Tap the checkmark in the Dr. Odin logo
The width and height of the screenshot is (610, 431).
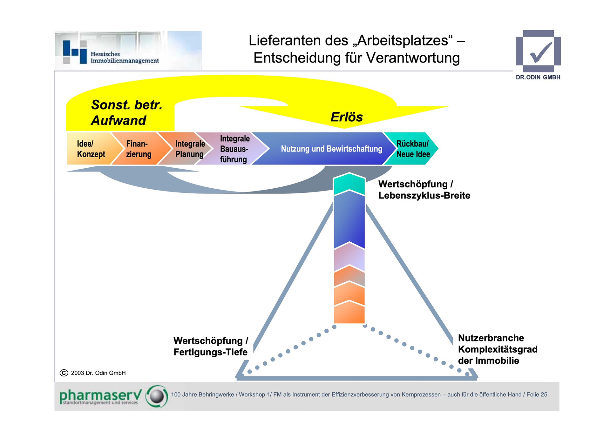pos(540,52)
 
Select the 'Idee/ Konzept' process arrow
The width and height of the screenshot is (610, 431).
pos(91,149)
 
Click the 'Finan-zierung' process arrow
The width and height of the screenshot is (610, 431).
pos(139,149)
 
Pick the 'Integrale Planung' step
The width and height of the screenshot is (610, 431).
pos(190,149)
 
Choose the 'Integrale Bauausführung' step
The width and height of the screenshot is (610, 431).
pos(234,149)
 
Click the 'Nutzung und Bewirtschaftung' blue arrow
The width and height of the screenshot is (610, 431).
pos(331,149)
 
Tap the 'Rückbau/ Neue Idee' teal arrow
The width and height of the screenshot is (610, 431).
pos(413,149)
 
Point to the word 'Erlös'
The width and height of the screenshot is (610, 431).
pos(346,117)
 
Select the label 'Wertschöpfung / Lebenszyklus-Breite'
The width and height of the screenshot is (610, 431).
pos(424,190)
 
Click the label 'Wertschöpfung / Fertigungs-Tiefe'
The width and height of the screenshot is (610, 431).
pos(210,346)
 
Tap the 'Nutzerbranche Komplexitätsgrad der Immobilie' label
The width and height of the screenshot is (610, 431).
pos(497,349)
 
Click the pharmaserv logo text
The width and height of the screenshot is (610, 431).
pos(100,396)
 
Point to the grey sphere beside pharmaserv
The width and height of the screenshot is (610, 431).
pos(157,396)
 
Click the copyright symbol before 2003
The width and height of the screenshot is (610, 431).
pos(64,373)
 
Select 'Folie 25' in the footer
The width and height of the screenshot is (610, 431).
pos(537,394)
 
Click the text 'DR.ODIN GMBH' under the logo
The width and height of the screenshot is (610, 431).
pos(538,77)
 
